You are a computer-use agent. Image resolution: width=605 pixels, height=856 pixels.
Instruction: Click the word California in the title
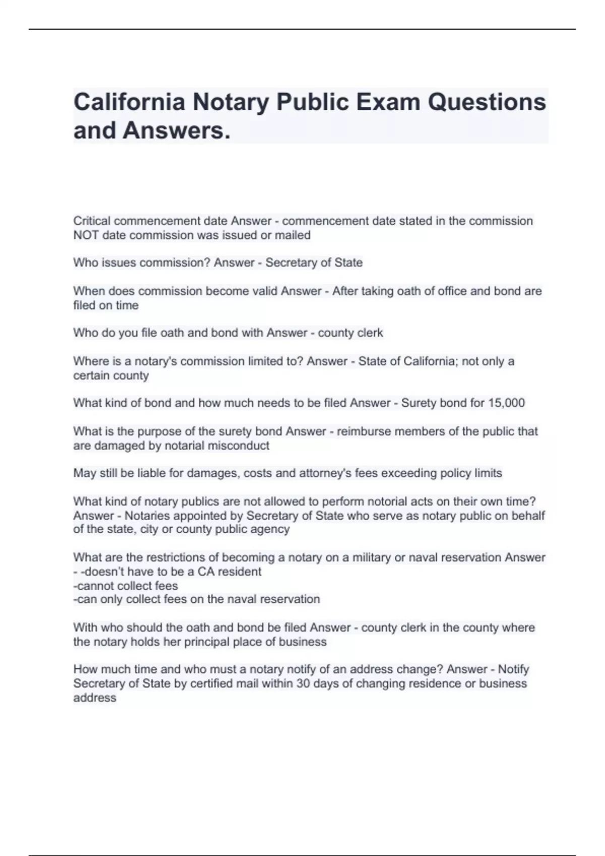[x=129, y=102]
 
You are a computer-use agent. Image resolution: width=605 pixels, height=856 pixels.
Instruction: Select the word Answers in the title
[x=176, y=130]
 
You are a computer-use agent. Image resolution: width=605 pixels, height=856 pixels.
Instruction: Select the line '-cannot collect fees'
[x=126, y=586]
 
